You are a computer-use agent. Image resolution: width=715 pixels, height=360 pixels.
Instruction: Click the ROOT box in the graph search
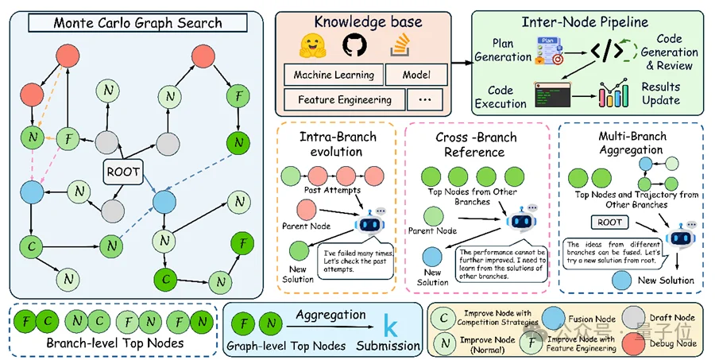coord(123,170)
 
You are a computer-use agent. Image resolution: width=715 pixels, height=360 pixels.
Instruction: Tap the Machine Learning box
coord(334,75)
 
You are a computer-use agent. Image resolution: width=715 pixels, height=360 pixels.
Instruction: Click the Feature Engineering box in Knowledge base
coord(344,100)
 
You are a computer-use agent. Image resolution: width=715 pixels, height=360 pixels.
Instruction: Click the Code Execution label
coord(500,97)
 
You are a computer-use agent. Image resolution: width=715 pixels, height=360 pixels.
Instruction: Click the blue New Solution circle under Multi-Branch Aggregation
coord(624,280)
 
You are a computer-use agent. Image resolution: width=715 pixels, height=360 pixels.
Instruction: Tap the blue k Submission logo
coord(389,326)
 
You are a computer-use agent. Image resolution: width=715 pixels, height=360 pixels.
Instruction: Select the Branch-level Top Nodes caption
coord(111,344)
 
